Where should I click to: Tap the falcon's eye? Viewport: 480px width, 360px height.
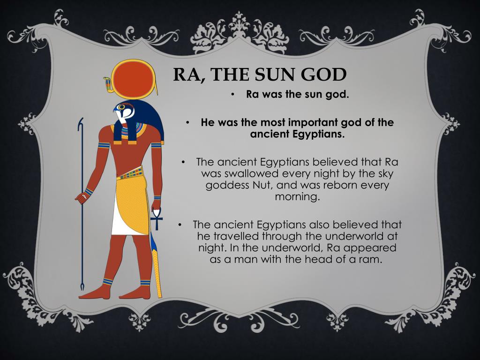click(121, 107)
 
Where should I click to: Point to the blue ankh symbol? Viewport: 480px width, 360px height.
click(157, 218)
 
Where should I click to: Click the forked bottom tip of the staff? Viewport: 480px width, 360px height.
click(82, 287)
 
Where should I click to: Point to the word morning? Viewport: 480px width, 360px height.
click(297, 197)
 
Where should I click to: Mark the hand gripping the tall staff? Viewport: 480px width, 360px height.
click(81, 197)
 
